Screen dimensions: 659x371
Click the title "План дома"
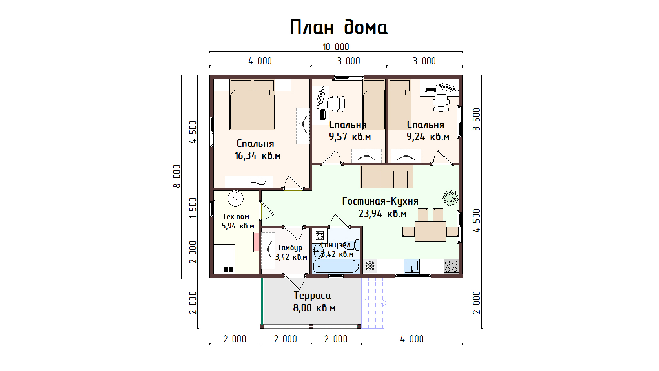point(339,27)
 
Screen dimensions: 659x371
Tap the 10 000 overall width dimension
point(336,47)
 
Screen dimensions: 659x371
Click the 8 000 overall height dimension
point(177,176)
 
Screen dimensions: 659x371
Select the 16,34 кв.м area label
point(257,155)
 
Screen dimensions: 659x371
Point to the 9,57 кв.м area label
point(350,137)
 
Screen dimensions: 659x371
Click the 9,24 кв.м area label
point(428,137)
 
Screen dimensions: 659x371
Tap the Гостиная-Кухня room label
point(380,201)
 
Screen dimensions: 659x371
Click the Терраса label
point(312,295)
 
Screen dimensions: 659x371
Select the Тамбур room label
point(290,248)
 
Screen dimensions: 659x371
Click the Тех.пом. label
point(237,217)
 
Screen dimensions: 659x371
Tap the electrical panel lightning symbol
point(235,199)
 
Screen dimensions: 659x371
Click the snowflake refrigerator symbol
point(370,266)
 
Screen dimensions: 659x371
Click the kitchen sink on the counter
point(411,266)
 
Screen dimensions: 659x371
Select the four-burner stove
point(451,266)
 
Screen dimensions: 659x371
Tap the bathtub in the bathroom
point(336,267)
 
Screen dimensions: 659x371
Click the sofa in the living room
point(386,177)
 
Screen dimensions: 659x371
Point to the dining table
point(430,232)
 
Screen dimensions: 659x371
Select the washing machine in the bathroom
point(319,236)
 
